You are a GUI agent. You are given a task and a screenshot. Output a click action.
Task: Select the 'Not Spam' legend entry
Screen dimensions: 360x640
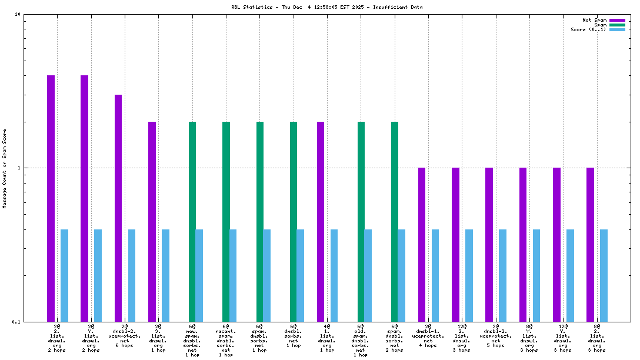click(594, 20)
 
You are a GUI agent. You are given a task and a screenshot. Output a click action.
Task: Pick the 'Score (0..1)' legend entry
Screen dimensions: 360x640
click(588, 29)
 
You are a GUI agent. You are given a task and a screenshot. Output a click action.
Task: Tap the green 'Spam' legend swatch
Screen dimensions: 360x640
click(617, 25)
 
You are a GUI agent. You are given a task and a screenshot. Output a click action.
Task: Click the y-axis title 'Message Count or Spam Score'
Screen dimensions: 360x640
click(5, 168)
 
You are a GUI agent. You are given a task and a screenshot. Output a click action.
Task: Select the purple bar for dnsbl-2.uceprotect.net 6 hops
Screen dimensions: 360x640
click(118, 208)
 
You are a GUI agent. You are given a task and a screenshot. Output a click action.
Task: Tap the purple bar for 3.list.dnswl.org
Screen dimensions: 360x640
click(152, 221)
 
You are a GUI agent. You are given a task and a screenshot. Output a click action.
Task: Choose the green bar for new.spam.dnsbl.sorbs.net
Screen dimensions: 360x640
click(192, 221)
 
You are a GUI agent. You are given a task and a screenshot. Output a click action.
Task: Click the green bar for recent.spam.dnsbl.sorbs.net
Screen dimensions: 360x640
click(226, 221)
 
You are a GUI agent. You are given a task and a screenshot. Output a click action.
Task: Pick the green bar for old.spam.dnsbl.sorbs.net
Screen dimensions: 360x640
click(361, 221)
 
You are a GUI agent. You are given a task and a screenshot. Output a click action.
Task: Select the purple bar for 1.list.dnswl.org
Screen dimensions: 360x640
click(321, 221)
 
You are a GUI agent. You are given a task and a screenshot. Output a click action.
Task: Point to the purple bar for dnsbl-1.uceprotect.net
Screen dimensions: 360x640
click(422, 244)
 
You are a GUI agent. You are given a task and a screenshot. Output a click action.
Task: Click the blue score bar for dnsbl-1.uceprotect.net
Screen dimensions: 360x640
click(435, 275)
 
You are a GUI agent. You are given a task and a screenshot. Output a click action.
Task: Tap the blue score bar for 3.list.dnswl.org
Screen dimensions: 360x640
click(165, 275)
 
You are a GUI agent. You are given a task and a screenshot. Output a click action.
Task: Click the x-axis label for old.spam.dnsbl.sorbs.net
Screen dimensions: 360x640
click(361, 340)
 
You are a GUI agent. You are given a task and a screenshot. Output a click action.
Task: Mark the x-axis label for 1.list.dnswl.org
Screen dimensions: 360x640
click(327, 338)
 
